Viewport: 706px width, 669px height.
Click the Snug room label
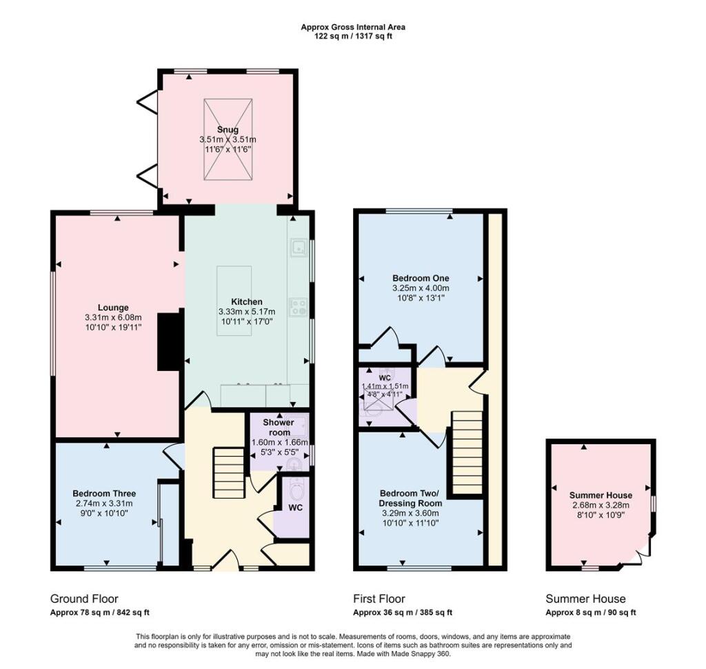(227, 129)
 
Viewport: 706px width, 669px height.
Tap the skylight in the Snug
(227, 140)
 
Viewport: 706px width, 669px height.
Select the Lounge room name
(112, 308)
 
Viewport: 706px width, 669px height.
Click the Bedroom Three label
(104, 494)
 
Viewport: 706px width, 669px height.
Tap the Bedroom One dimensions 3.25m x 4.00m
(421, 288)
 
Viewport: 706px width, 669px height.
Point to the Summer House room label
(601, 495)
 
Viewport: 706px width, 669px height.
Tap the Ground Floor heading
(79, 599)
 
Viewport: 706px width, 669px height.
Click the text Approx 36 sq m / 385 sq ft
(403, 612)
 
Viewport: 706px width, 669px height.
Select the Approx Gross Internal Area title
(353, 28)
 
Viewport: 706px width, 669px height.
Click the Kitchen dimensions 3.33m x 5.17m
(246, 312)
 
